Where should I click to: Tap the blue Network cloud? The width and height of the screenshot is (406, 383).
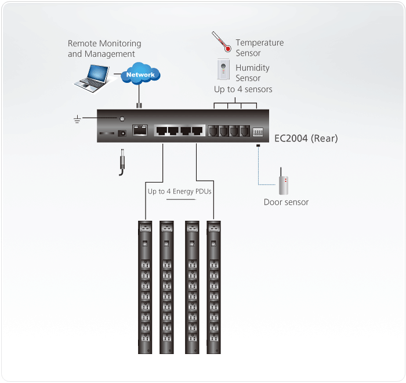(140, 75)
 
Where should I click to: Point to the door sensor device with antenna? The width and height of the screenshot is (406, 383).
(283, 183)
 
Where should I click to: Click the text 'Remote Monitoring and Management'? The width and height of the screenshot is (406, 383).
(104, 49)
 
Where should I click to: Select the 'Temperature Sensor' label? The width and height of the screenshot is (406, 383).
(259, 48)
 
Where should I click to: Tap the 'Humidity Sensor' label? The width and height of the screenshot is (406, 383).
(252, 73)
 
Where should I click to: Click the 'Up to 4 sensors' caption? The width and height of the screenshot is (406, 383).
(243, 89)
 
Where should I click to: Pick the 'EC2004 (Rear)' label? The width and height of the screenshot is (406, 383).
(306, 138)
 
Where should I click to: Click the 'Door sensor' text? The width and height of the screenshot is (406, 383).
(286, 202)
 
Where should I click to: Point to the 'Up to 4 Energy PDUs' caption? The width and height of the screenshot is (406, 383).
(179, 191)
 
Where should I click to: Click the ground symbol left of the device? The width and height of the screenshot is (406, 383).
(77, 119)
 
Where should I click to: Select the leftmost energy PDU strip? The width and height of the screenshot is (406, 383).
(144, 287)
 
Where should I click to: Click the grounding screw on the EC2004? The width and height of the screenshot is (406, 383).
(122, 119)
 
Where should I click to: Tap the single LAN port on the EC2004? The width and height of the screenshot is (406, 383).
(140, 130)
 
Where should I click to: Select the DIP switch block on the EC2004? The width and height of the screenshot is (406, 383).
(259, 132)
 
